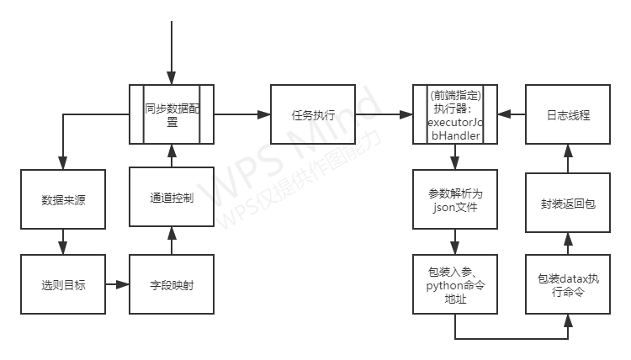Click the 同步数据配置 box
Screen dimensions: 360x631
coord(172,114)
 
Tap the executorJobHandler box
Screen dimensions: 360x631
coord(455,114)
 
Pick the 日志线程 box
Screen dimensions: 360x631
coord(568,114)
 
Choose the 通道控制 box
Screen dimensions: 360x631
coord(172,198)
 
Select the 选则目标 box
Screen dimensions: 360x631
coord(63,284)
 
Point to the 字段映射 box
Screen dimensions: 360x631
coord(172,284)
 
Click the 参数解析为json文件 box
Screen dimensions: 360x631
coord(455,200)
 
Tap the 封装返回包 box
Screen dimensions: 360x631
coord(568,204)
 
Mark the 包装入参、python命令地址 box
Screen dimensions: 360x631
coord(455,284)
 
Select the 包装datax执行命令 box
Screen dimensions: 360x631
coord(568,284)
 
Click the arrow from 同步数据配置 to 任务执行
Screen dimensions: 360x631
coord(241,114)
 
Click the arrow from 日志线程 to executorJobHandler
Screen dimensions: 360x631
coord(512,114)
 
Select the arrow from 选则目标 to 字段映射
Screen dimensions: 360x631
coord(118,284)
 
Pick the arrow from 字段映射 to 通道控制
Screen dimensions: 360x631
coord(172,241)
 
